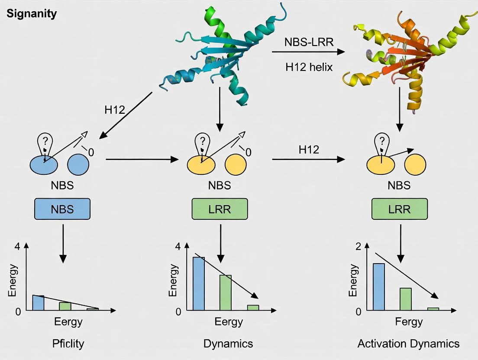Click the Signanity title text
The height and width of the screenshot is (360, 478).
click(x=32, y=14)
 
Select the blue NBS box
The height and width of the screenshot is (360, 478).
click(x=62, y=209)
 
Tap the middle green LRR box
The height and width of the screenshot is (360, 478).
click(x=220, y=209)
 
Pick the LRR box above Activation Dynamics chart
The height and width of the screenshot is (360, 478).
click(x=399, y=209)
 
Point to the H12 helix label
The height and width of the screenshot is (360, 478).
click(x=309, y=67)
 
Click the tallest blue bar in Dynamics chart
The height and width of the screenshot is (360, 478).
click(x=199, y=283)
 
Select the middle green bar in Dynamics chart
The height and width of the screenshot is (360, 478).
click(x=226, y=292)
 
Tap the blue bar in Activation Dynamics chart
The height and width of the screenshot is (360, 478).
click(x=379, y=286)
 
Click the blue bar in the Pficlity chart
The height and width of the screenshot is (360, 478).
click(x=38, y=302)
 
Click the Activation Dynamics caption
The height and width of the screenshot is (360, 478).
click(x=408, y=344)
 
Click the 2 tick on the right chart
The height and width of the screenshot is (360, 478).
click(x=358, y=246)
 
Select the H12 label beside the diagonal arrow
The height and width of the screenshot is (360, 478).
click(x=115, y=110)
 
